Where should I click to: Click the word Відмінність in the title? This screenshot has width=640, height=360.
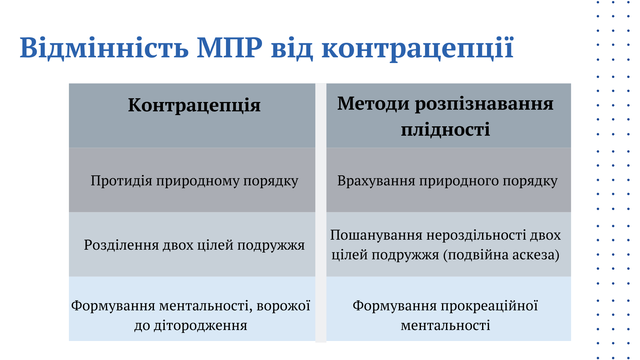point(104,48)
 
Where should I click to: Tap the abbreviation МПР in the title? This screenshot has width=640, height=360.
point(230,48)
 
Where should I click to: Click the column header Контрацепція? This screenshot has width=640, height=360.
point(194,105)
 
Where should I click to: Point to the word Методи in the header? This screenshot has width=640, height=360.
point(373,104)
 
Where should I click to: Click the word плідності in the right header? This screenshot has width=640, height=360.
point(445,129)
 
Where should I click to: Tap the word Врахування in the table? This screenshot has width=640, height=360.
point(376,181)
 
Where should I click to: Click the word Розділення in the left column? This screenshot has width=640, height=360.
point(121,245)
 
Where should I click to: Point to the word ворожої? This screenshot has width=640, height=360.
point(283,306)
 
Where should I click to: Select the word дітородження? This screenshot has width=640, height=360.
point(200,326)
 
